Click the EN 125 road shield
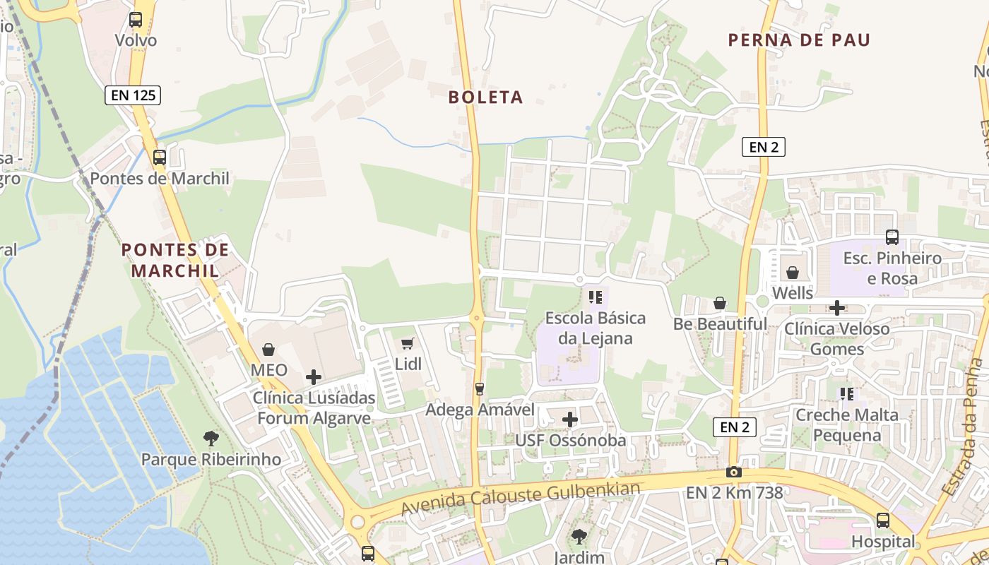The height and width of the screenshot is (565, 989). pyautogui.click(x=133, y=95)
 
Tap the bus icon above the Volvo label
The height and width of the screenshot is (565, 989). pyautogui.click(x=136, y=20)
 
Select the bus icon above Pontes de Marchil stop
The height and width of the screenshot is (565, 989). pyautogui.click(x=160, y=157)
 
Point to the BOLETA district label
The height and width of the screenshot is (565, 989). pyautogui.click(x=486, y=97)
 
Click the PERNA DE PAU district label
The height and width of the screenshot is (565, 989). pyautogui.click(x=799, y=40)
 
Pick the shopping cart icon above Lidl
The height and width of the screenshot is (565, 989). pyautogui.click(x=408, y=344)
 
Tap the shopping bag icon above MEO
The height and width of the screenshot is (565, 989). pyautogui.click(x=268, y=350)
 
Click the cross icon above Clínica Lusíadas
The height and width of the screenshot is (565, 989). pyautogui.click(x=314, y=377)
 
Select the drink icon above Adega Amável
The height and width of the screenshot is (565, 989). pyautogui.click(x=480, y=388)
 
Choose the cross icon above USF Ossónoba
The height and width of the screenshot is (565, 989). pyautogui.click(x=570, y=420)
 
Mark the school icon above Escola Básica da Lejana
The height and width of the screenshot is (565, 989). pyautogui.click(x=595, y=297)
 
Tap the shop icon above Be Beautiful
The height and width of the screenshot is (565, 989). pyautogui.click(x=720, y=303)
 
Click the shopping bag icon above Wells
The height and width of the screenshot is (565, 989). pyautogui.click(x=793, y=272)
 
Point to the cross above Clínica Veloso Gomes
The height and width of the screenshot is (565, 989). pyautogui.click(x=837, y=308)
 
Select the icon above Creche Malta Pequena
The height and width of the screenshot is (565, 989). pyautogui.click(x=846, y=393)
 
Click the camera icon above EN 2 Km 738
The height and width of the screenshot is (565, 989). pyautogui.click(x=734, y=472)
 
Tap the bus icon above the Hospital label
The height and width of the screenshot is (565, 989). pyautogui.click(x=883, y=521)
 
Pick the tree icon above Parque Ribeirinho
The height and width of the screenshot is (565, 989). pyautogui.click(x=211, y=438)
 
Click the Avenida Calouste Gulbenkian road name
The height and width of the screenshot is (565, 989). pyautogui.click(x=521, y=498)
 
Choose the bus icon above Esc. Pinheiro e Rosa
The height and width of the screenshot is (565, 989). pyautogui.click(x=892, y=237)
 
